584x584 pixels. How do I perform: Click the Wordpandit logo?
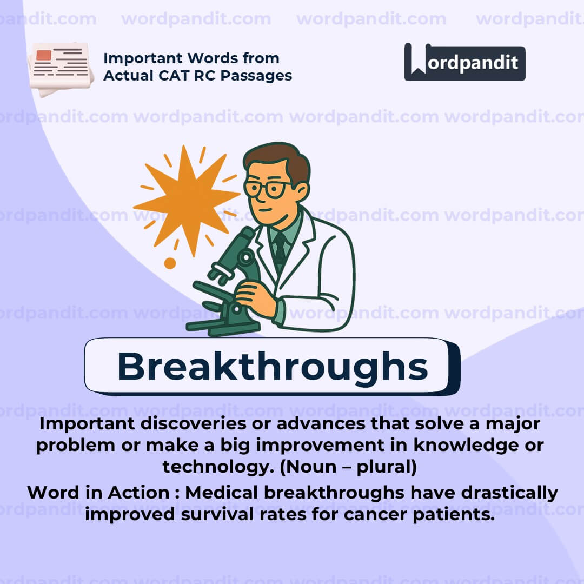464,62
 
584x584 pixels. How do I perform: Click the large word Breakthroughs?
272,366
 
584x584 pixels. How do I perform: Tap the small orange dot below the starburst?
170,263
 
